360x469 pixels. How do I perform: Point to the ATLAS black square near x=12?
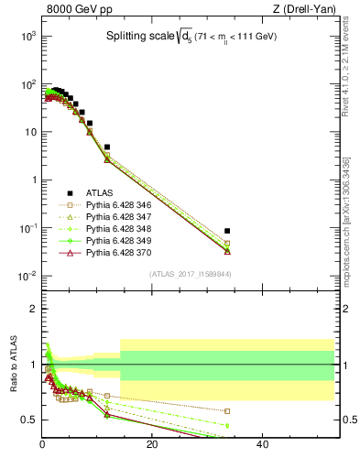(x=107, y=147)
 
